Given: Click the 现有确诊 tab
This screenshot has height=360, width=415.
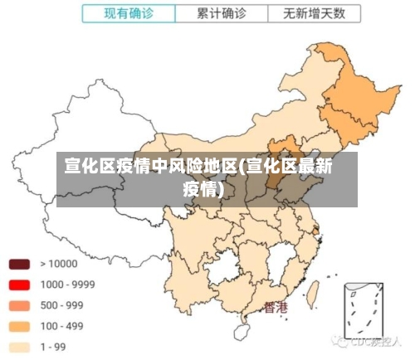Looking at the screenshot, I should tap(129, 13).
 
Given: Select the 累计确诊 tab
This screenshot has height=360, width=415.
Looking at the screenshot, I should tap(222, 13).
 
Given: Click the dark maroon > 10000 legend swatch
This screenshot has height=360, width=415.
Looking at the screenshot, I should tap(20, 264).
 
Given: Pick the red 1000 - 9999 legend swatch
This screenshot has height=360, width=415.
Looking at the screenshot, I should tap(20, 285).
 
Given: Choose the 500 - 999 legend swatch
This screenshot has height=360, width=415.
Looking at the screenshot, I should tap(20, 305).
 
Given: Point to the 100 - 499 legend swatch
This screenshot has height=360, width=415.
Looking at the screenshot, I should tap(20, 326).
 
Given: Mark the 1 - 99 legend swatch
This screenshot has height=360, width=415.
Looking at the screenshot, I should tap(20, 347).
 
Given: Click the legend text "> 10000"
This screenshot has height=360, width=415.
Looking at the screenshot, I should tap(59, 264).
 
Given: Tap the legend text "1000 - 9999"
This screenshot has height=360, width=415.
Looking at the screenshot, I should tap(68, 285).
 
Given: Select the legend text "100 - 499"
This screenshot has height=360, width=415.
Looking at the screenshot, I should tap(62, 326).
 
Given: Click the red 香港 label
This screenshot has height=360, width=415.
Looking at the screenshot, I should tap(276, 307).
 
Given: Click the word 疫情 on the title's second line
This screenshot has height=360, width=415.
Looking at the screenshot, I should tap(203, 188).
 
